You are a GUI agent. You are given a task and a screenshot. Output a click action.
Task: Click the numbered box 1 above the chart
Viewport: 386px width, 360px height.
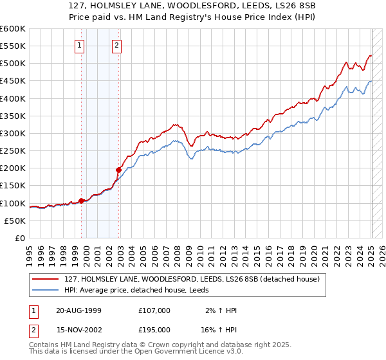click(x=79, y=45)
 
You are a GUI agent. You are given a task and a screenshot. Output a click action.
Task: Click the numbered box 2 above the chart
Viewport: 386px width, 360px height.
click(x=116, y=45)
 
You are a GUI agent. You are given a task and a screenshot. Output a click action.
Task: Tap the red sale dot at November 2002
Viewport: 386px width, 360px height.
click(x=119, y=170)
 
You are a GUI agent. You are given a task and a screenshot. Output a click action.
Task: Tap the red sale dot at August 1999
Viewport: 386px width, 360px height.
click(x=82, y=200)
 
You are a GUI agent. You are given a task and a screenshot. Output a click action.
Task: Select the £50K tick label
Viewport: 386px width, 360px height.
click(x=15, y=221)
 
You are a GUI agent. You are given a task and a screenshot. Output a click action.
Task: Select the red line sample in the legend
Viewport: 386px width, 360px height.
click(x=46, y=278)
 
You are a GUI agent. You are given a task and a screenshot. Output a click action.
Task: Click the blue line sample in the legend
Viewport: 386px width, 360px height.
click(x=46, y=291)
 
